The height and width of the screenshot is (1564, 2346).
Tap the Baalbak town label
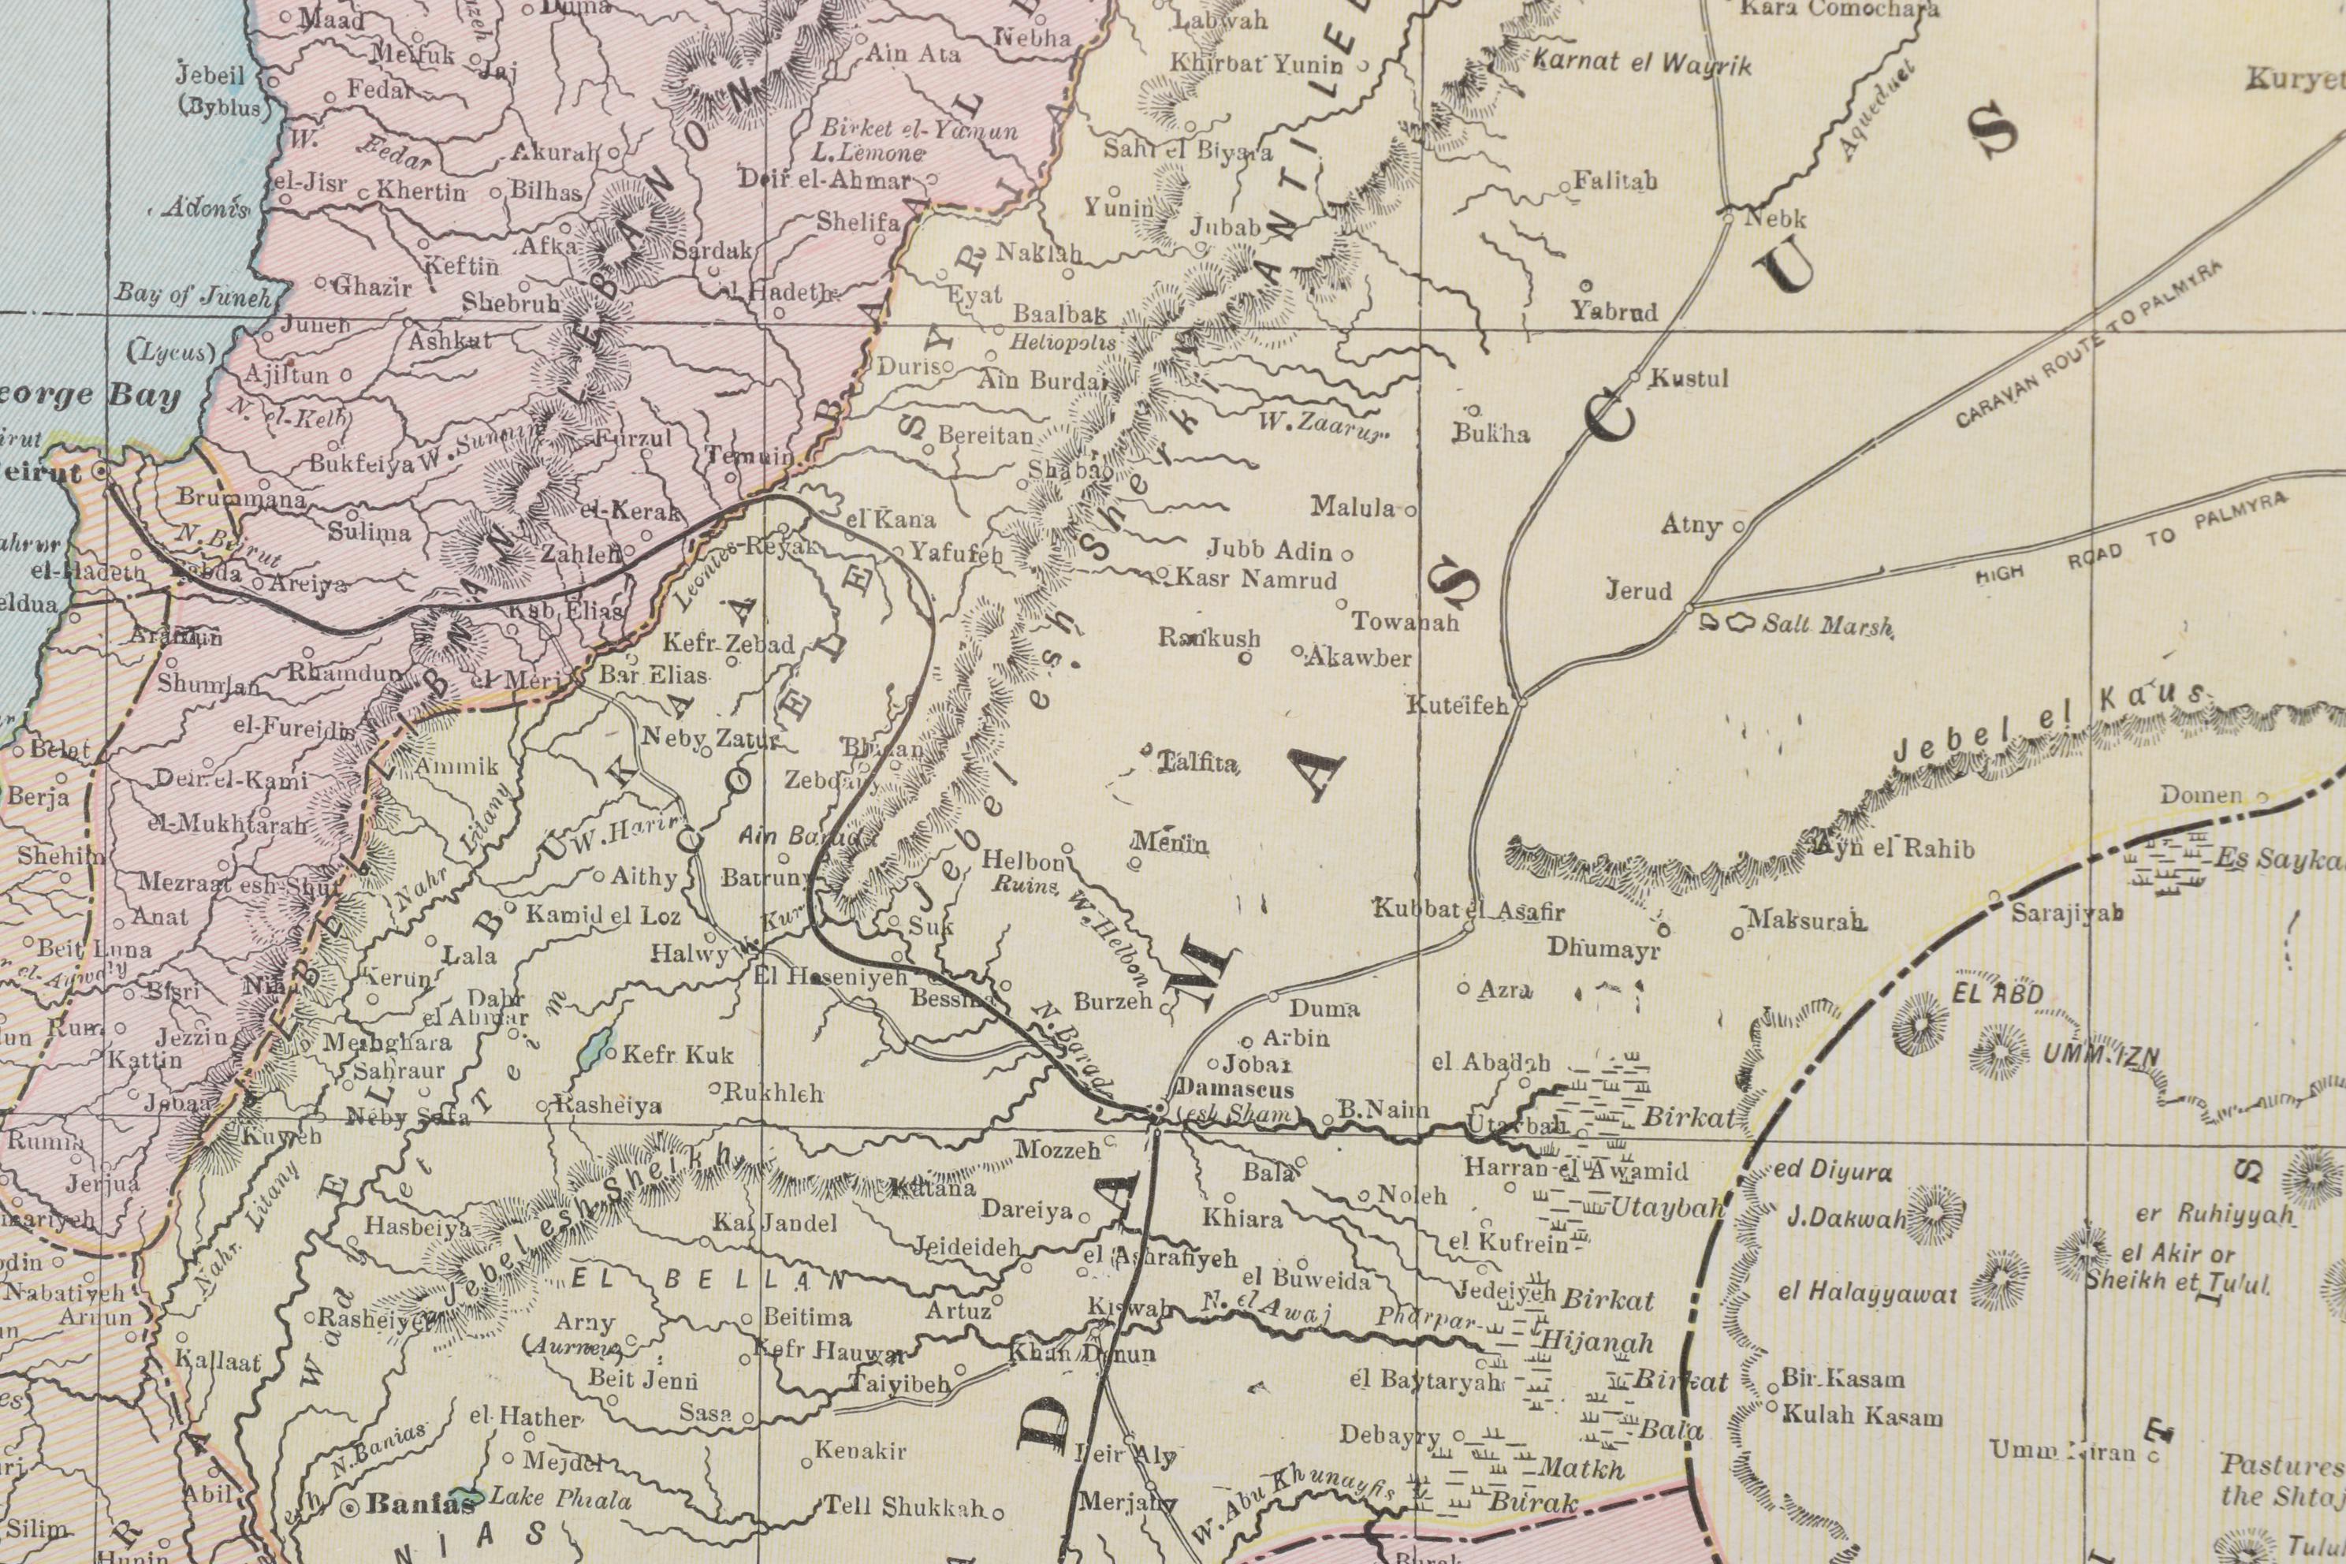(1059, 315)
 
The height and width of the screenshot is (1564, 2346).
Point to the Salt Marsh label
(1827, 627)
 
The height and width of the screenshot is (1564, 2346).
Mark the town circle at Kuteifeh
(1521, 703)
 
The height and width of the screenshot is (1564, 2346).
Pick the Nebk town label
(1774, 218)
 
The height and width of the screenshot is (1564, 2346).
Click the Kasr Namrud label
(1255, 579)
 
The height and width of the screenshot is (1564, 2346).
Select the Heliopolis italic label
(1063, 342)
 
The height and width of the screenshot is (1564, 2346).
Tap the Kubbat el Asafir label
(1469, 910)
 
